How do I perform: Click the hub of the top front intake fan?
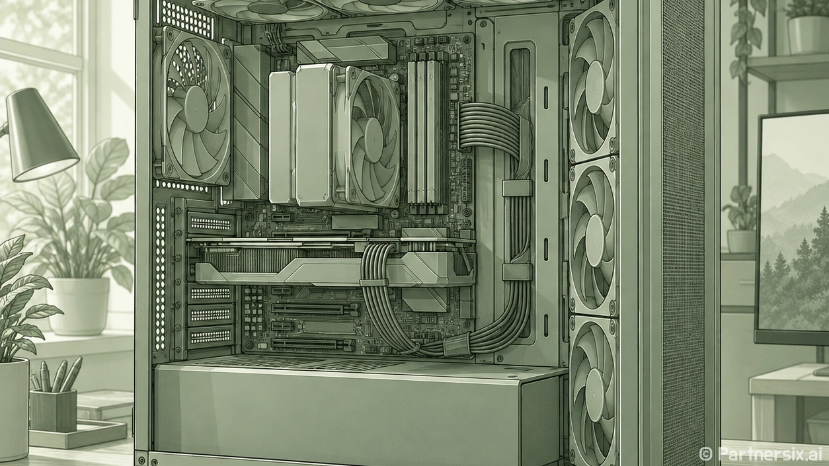[594, 87]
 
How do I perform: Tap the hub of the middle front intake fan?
[595, 241]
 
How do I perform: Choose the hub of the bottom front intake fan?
[596, 395]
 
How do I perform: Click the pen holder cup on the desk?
[53, 410]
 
